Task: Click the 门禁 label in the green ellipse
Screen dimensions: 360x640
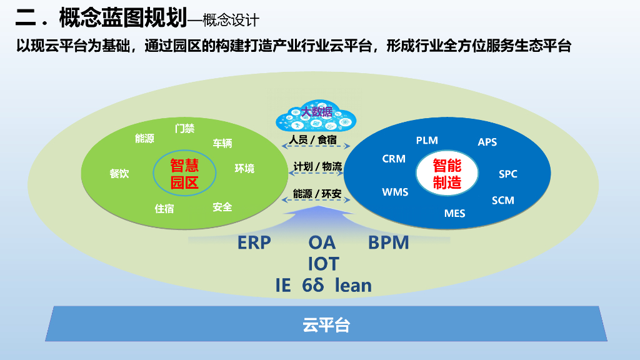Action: point(184,129)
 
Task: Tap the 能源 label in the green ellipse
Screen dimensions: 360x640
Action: point(144,139)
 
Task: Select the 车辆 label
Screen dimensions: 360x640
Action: point(222,143)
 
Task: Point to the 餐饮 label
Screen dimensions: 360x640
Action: point(119,174)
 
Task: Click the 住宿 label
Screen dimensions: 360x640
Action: point(164,209)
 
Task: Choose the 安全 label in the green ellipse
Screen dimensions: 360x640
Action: point(222,207)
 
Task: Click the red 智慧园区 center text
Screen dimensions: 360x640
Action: point(184,174)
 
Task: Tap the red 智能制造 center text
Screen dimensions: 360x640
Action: point(447,174)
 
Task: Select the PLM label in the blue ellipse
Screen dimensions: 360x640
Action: point(427,140)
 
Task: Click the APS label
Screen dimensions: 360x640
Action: point(487,142)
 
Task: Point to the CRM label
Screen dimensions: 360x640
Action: point(394,159)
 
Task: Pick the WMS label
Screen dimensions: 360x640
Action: point(395,192)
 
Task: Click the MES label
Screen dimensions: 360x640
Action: point(455,213)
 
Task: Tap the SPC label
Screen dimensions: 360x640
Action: point(508,174)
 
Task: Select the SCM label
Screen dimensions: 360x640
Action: point(503,200)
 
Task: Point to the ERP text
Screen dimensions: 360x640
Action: point(254,242)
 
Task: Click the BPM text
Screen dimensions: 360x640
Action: point(388,242)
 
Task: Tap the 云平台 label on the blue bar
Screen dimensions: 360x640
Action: point(326,325)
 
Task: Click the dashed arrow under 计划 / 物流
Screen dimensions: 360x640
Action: point(317,176)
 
